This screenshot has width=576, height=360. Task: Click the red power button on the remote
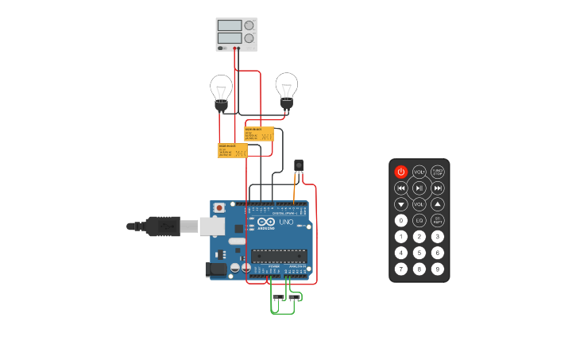pyautogui.click(x=401, y=172)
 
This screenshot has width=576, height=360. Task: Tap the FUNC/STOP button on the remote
pyautogui.click(x=438, y=172)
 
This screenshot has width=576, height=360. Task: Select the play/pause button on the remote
pyautogui.click(x=419, y=188)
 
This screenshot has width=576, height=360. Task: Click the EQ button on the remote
pyautogui.click(x=419, y=220)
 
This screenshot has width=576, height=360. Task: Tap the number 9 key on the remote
pyautogui.click(x=438, y=269)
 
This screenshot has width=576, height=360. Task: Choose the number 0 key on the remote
pyautogui.click(x=401, y=220)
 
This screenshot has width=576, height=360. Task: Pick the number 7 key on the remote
pyautogui.click(x=401, y=269)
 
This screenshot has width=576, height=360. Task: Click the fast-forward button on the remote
pyautogui.click(x=438, y=188)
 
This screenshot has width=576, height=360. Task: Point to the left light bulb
pyautogui.click(x=221, y=90)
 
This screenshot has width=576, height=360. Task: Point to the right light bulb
pyautogui.click(x=286, y=87)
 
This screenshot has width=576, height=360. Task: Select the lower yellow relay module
pyautogui.click(x=233, y=150)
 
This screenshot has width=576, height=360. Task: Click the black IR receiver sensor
pyautogui.click(x=299, y=165)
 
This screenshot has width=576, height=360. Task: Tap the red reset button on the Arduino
pyautogui.click(x=219, y=207)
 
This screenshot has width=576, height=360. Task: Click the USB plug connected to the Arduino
pyautogui.click(x=163, y=226)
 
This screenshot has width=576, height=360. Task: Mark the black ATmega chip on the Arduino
pyautogui.click(x=279, y=255)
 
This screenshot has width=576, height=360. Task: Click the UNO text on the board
pyautogui.click(x=286, y=222)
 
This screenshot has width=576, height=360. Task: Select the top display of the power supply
pyautogui.click(x=230, y=25)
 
